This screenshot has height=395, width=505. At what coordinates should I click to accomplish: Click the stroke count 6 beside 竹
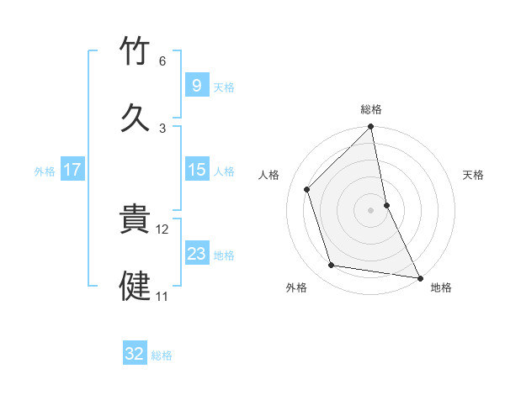[162, 61]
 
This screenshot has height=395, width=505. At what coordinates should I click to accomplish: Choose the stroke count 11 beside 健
[162, 296]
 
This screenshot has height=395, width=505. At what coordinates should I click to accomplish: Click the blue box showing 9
[196, 85]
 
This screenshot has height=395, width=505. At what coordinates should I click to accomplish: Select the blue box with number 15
[196, 170]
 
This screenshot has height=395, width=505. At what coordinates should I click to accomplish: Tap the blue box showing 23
[196, 254]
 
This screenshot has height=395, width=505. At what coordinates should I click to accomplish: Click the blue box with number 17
[72, 170]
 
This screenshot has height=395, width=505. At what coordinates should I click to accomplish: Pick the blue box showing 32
[135, 354]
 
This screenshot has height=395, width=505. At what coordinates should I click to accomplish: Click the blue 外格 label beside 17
[45, 171]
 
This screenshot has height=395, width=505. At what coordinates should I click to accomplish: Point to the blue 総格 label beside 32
[162, 355]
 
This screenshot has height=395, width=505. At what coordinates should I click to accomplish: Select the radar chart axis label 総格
[371, 109]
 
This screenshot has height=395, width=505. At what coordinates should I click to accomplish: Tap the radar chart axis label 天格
[474, 175]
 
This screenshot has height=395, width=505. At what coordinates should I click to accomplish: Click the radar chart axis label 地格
[441, 287]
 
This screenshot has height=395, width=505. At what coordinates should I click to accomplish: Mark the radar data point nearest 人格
[307, 189]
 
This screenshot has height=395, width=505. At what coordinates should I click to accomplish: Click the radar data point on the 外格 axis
[332, 266]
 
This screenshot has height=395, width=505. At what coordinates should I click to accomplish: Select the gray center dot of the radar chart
[371, 210]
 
